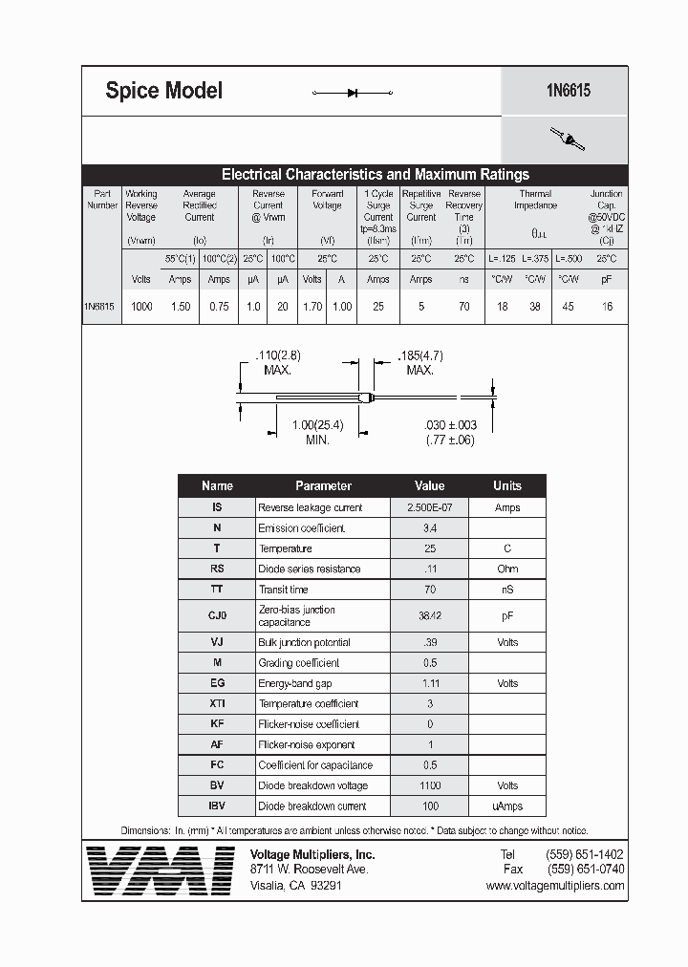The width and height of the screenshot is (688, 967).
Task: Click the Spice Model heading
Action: pos(163,91)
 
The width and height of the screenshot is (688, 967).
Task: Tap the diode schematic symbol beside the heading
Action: pos(353,93)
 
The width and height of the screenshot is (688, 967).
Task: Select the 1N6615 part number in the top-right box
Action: pos(568,91)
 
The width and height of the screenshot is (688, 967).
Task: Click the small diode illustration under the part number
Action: pos(568,140)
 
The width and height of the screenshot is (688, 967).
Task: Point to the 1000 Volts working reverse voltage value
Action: pos(141,307)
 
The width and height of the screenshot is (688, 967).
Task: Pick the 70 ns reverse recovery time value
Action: pos(464,307)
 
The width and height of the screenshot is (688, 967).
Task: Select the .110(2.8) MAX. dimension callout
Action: pos(278,362)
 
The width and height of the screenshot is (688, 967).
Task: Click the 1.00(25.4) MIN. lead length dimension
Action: pos(317,432)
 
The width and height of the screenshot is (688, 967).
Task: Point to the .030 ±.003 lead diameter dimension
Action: pos(449,432)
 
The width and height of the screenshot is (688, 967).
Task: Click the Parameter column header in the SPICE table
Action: pos(323,485)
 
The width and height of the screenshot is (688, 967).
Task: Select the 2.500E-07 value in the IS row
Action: pos(430,507)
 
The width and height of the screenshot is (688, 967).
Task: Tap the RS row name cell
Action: pos(217,569)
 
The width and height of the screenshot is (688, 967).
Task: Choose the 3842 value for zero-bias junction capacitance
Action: pos(430,616)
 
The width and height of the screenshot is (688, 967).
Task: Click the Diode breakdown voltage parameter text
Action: pos(312,785)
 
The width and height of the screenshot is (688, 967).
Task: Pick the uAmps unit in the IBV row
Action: pos(507,806)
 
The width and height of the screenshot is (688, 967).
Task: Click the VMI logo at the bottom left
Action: pos(160,870)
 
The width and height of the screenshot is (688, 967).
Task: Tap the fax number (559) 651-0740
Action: pos(586,870)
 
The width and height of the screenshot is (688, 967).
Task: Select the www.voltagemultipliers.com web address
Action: pos(555,886)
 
